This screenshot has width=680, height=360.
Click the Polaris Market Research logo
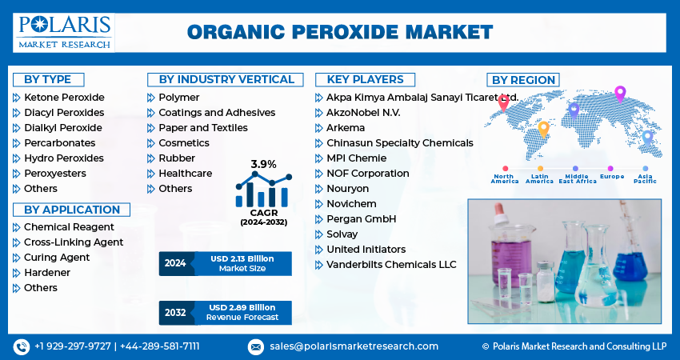tap(63, 31)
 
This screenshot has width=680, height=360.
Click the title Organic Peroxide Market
tap(340, 32)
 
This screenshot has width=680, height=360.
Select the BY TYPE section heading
tap(48, 79)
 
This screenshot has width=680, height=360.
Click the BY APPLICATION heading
tap(72, 210)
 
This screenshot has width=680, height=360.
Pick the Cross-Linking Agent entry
tap(74, 242)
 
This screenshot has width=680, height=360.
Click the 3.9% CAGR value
tap(263, 164)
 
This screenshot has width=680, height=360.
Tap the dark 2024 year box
tap(175, 263)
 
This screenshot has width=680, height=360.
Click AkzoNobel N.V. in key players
tap(363, 113)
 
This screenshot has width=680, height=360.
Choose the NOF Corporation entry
tap(367, 174)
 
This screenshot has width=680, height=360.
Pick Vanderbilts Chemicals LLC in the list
tap(391, 265)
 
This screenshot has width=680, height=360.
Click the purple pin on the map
tap(619, 93)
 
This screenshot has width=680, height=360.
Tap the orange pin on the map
tap(543, 128)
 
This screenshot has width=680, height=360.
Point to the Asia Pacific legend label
tap(645, 178)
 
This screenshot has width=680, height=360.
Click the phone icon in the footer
tap(22, 346)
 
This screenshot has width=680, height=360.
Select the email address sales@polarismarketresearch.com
tap(354, 346)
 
